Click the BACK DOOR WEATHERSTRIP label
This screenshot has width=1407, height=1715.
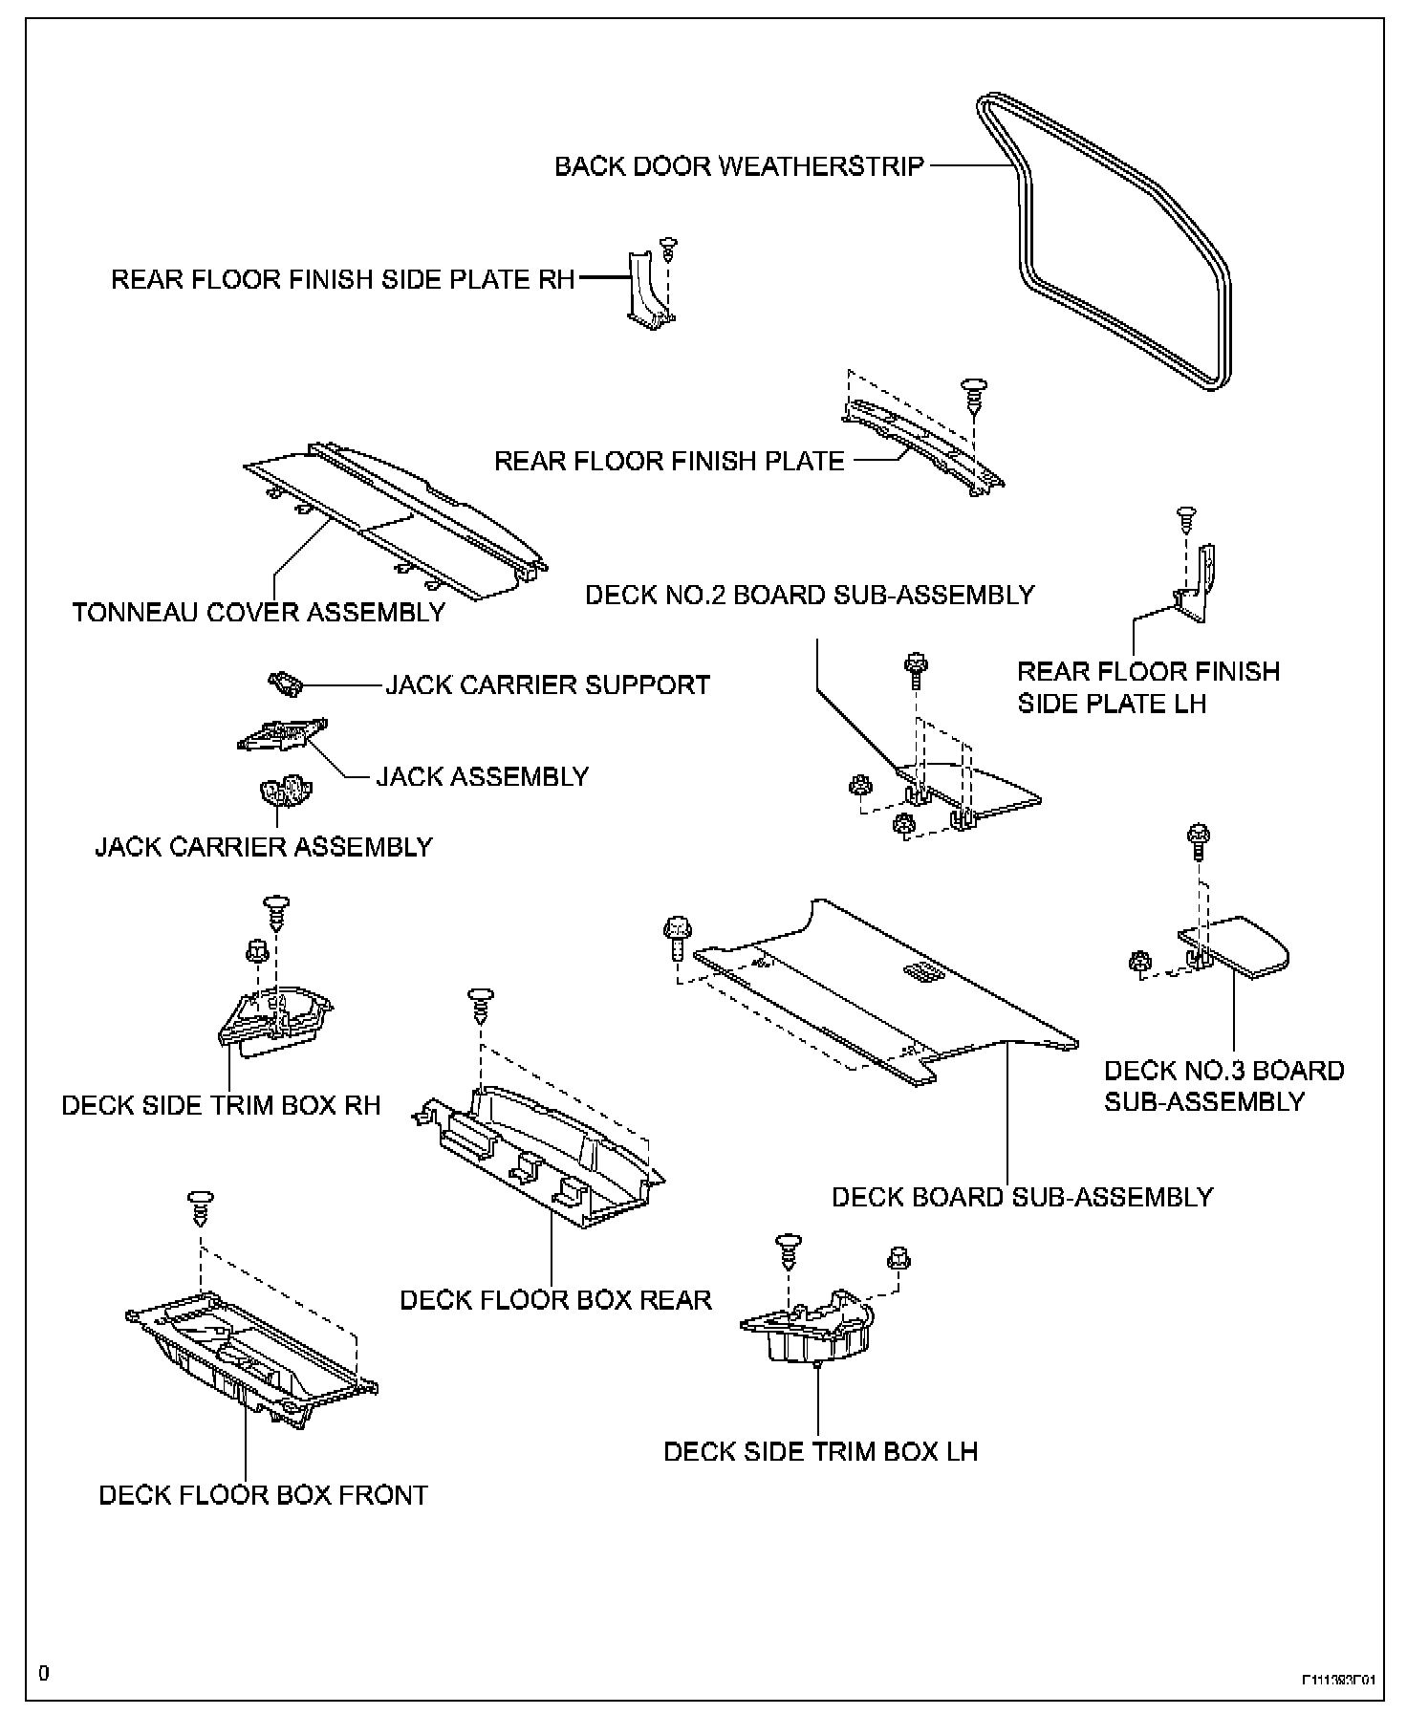[739, 166]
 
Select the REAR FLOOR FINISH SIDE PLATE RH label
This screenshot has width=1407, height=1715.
[343, 279]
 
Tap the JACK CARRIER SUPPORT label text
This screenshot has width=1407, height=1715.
[548, 685]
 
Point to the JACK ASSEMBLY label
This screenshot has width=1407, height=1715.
[482, 776]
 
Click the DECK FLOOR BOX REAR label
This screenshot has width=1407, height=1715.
[555, 1300]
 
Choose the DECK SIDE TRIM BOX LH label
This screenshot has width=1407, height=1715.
[820, 1451]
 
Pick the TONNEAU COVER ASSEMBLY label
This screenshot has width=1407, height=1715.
[259, 612]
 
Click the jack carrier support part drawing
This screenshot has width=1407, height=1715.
[286, 683]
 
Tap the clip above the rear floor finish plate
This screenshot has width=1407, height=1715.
[974, 394]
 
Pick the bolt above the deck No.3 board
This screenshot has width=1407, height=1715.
[1197, 839]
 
